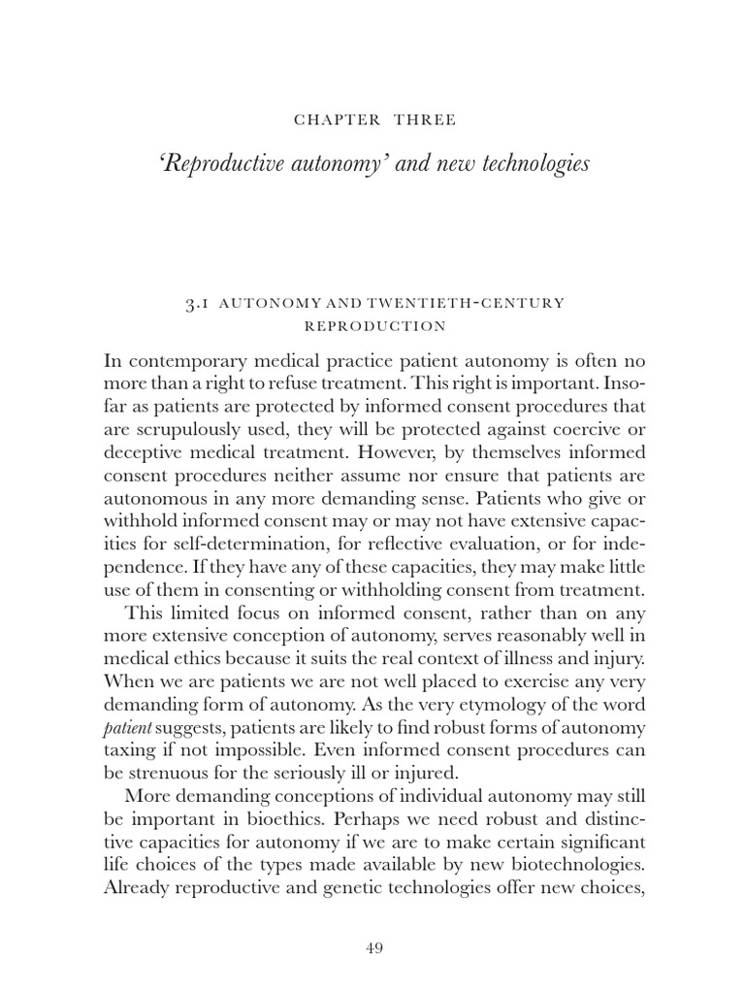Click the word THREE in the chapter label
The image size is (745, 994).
tap(425, 120)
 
